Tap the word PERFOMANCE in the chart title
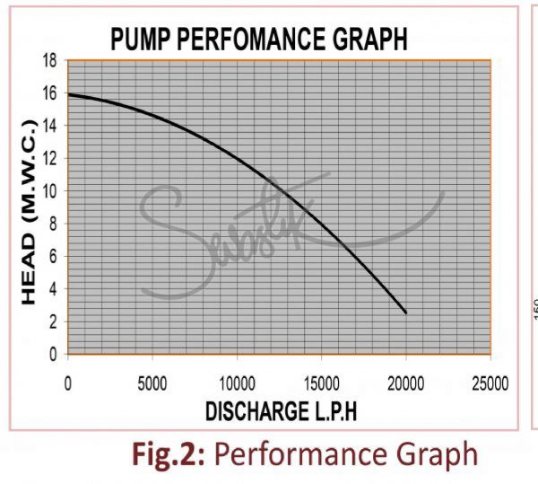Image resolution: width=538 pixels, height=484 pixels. (254, 39)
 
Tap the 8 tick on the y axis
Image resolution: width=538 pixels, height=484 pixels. (54, 224)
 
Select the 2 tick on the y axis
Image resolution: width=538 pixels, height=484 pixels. (54, 321)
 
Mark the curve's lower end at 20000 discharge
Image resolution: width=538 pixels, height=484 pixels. (405, 312)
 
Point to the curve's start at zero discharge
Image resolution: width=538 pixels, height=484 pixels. (69, 94)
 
